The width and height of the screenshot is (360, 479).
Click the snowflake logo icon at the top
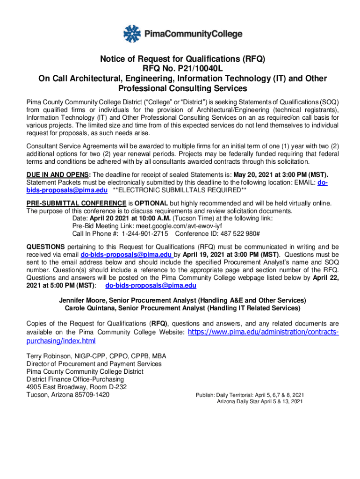point(132,33)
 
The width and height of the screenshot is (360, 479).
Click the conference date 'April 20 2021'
point(111,218)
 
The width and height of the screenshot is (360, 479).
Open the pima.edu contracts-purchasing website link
point(262,332)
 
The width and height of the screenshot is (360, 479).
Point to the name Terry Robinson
point(49,356)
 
